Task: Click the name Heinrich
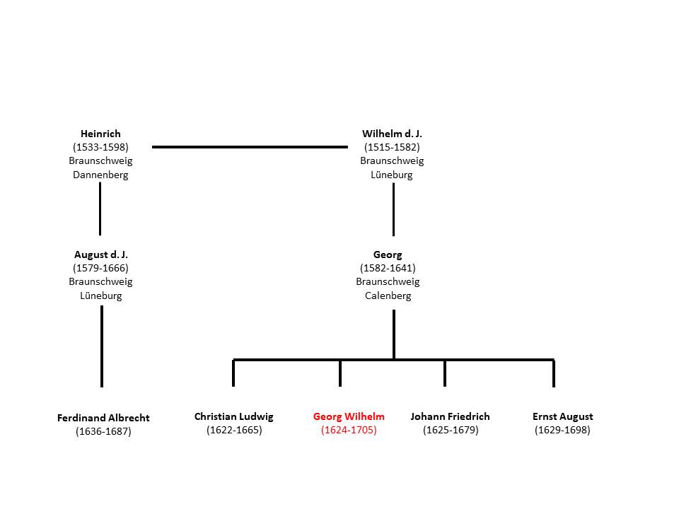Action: pos(100,134)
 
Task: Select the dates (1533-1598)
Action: pos(100,147)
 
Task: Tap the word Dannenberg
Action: pos(100,175)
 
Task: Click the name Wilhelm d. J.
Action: pos(392,134)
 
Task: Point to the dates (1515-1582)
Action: pos(392,147)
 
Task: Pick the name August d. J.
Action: pos(101,255)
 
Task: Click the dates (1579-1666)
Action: pos(100,268)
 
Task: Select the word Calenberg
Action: pos(388,296)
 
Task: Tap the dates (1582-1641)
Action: pos(388,268)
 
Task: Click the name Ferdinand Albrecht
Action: pos(103,418)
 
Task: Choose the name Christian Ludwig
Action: pos(234,416)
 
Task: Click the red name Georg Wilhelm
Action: pos(349,416)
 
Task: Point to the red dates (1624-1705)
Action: pos(349,430)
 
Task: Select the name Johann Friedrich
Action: pos(451,416)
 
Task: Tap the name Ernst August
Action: pos(562,416)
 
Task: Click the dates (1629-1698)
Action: pos(562,430)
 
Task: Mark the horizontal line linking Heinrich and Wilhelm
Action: pos(250,147)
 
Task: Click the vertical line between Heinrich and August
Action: pos(100,209)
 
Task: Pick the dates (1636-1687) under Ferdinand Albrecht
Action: pos(103,431)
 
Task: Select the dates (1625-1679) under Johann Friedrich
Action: pos(451,430)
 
